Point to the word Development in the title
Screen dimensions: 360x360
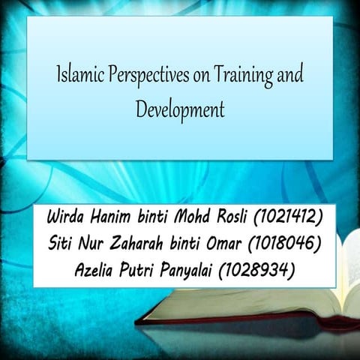tap(180, 109)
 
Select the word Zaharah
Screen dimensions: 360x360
tap(137, 245)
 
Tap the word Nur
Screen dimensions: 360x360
tap(94, 245)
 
